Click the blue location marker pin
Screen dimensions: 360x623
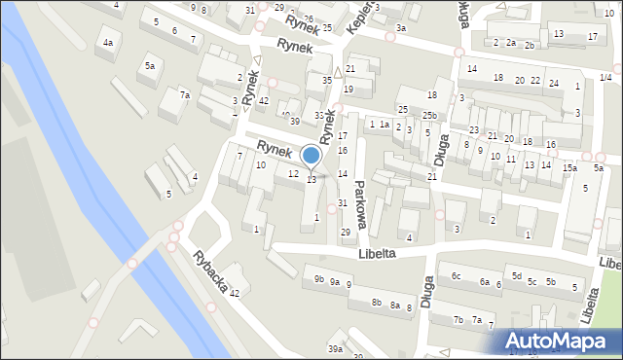(311, 157)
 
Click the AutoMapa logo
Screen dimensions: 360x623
(558, 341)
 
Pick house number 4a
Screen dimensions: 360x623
(108, 43)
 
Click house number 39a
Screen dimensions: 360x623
(335, 348)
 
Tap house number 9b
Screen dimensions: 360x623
(318, 280)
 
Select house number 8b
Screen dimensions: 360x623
(377, 302)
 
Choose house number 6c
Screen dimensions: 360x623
(456, 275)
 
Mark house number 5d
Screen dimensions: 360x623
(517, 275)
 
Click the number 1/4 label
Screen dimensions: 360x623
(605, 77)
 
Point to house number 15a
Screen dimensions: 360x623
(569, 167)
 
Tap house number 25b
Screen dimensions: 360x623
(429, 116)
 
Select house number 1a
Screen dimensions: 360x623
(385, 124)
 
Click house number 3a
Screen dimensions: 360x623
(401, 28)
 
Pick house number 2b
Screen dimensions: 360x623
(530, 46)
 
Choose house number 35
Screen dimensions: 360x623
(327, 80)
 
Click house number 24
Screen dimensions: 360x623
(553, 83)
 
